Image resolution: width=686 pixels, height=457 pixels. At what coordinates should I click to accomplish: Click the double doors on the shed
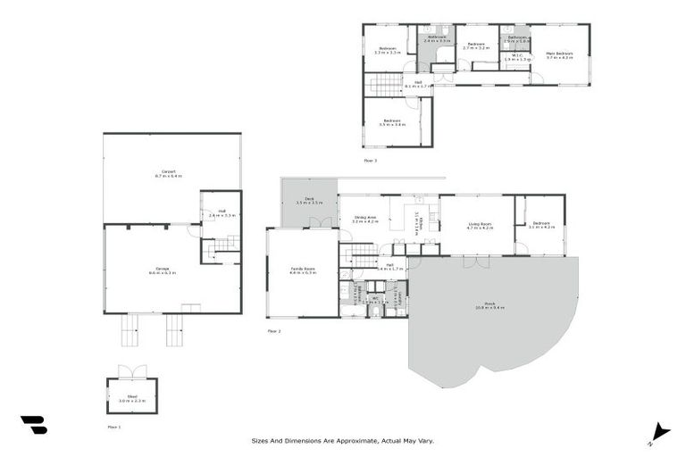click(x=132, y=371)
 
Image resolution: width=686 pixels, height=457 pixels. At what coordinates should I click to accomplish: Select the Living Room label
click(x=480, y=225)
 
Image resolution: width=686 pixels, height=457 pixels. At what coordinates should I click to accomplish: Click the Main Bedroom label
click(x=559, y=53)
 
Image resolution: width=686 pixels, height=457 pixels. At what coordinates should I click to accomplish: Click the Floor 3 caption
click(x=370, y=161)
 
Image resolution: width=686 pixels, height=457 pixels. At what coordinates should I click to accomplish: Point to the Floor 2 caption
click(x=274, y=331)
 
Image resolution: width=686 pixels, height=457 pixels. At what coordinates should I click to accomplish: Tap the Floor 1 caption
click(x=113, y=427)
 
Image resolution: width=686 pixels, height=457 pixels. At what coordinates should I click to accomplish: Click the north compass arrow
click(x=658, y=431)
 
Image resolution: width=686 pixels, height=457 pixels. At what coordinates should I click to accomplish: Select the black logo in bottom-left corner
click(x=34, y=425)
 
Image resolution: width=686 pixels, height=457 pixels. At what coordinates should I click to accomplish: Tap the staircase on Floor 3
click(x=387, y=85)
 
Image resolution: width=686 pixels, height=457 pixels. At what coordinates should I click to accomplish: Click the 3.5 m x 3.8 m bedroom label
click(x=392, y=122)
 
